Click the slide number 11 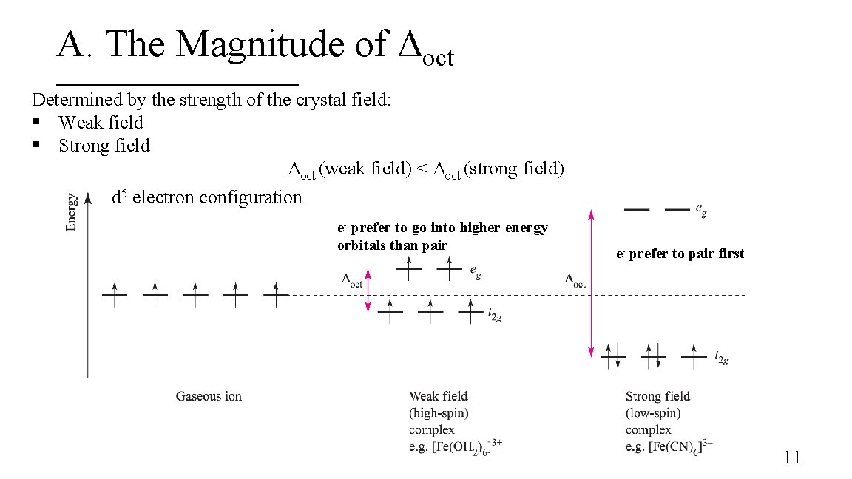coord(791,458)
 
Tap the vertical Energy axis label coord(72,212)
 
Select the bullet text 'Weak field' coord(101,123)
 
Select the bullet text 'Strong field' coord(104,146)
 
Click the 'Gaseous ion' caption coord(209,396)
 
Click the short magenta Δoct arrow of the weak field coord(368,291)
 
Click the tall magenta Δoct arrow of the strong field coord(591,283)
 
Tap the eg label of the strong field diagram coord(701,211)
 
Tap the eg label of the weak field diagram coord(476,273)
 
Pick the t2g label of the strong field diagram coord(722,359)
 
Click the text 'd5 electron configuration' coord(207,197)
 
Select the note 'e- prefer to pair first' coord(680,254)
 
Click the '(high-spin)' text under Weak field coord(439,413)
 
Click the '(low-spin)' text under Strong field coord(653,413)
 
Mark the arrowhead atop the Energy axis coord(88,197)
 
